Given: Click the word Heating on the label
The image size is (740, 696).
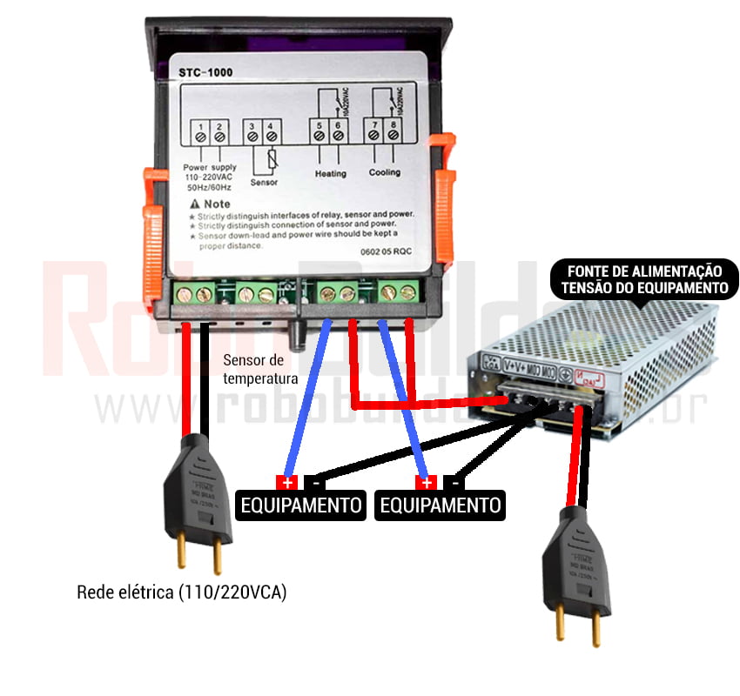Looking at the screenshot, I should (330, 173).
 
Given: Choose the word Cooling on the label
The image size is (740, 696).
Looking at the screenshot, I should (384, 172).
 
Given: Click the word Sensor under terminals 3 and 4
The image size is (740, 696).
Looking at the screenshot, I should (264, 183).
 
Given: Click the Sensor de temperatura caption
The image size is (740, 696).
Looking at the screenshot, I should (260, 369).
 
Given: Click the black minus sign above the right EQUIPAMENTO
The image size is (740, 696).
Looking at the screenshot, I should (454, 482).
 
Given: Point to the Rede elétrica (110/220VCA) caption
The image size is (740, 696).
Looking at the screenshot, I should (181, 592).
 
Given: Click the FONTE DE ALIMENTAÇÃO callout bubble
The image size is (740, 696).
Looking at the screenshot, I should (645, 279).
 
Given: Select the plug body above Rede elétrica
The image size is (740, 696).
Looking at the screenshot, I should (199, 487).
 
